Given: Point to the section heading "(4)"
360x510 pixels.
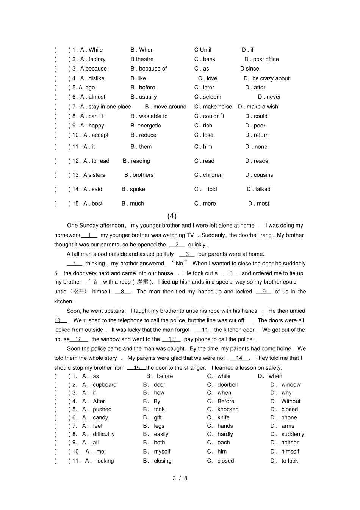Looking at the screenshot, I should point(172,216).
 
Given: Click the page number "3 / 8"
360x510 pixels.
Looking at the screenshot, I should point(180,478).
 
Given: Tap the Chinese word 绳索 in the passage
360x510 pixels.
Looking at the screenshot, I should point(143,282).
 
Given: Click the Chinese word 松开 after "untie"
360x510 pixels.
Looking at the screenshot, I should point(79,292).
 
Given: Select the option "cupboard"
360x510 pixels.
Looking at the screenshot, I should point(105,384).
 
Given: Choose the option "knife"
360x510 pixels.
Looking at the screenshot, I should point(224,417).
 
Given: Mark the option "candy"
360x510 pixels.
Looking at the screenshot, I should point(100,417).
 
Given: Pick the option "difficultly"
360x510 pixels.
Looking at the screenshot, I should point(104,434).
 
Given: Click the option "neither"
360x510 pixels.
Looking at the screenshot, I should point(290,442).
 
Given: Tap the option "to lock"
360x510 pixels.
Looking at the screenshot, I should point(290,461).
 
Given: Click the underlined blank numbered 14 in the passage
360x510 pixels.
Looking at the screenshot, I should point(239,358).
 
